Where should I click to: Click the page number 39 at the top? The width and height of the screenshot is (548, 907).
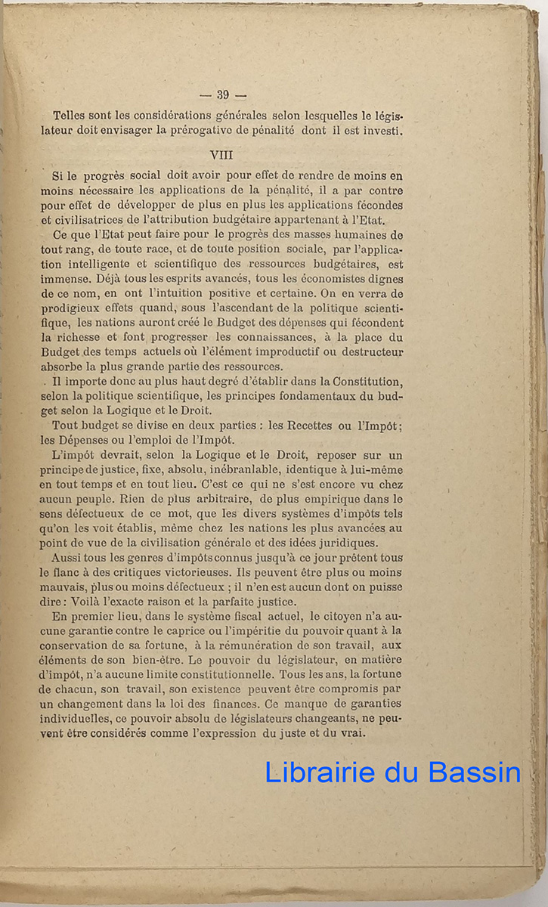[x=222, y=94]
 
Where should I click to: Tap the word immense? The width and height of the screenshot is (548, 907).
[x=64, y=279]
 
